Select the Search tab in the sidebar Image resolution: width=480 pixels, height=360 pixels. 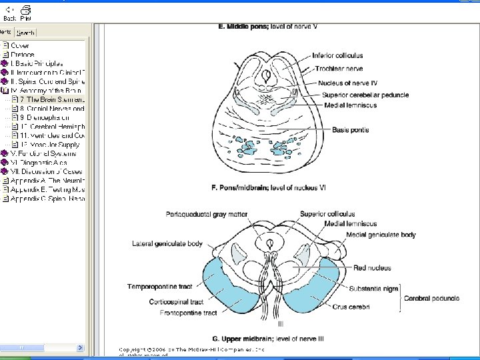pyautogui.click(x=25, y=32)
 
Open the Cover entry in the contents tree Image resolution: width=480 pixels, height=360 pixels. pyautogui.click(x=20, y=45)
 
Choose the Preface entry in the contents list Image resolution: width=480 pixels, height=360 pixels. pyautogui.click(x=22, y=54)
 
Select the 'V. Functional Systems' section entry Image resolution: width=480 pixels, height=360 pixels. pyautogui.click(x=43, y=153)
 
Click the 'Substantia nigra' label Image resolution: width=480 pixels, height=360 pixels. pyautogui.click(x=373, y=288)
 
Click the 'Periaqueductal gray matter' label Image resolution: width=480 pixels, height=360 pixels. pyautogui.click(x=207, y=214)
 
